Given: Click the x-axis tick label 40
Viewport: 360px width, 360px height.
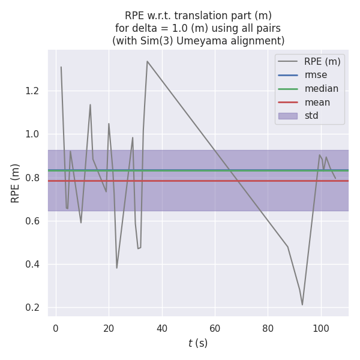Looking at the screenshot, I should pos(161,328).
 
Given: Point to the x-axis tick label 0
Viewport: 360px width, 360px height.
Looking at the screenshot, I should pos(56,328).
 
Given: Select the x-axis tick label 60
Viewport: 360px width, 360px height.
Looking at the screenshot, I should pos(215,328).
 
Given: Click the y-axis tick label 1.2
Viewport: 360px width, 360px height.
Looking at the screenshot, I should pos(32,91).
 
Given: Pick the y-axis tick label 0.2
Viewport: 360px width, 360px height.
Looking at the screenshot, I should pos(32,308).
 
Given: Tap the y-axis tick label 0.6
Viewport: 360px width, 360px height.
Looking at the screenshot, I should pos(32,221).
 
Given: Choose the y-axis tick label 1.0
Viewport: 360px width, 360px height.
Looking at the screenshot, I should pos(32,134).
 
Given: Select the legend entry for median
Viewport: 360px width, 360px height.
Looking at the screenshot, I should pos(321,89).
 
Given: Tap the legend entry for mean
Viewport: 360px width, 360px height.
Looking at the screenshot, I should pos(317,102).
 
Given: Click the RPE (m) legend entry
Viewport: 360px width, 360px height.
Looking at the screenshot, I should pos(322,61).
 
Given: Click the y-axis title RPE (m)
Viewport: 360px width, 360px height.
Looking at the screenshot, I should pos(16,183).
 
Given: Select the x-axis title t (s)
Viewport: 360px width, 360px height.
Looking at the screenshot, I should pos(197,343).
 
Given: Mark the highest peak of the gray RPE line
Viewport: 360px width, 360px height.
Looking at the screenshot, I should pos(147,61).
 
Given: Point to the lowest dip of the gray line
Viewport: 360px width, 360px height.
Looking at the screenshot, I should pos(302,305).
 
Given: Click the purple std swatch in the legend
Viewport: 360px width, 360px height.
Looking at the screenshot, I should pos(287,116).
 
